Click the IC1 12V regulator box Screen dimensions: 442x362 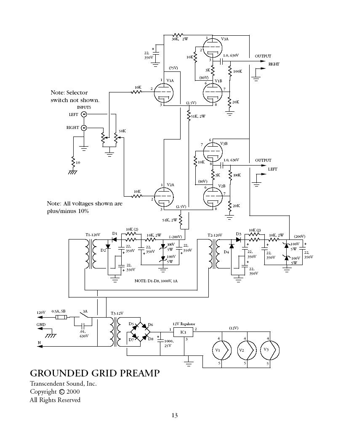[x=183, y=332]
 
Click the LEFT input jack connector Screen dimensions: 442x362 [x=84, y=114]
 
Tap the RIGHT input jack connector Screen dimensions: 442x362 [x=84, y=127]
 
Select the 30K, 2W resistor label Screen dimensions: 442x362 [x=179, y=39]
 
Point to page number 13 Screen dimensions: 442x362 [x=174, y=416]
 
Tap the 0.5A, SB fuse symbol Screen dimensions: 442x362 [x=61, y=318]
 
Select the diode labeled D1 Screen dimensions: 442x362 [x=114, y=239]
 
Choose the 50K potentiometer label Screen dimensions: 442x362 [x=122, y=131]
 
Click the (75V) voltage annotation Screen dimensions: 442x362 [x=173, y=68]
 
